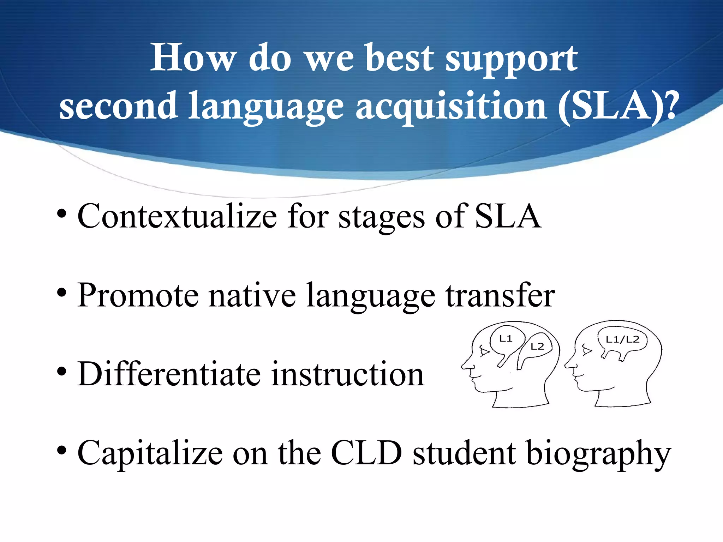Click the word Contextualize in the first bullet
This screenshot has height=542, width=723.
(177, 216)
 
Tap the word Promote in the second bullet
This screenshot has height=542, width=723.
(138, 295)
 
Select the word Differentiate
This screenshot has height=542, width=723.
(169, 374)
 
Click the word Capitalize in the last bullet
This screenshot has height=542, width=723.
(150, 453)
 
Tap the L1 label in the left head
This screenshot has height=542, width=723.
(506, 339)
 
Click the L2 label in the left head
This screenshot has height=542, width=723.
(537, 347)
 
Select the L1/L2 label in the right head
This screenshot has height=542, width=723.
(622, 339)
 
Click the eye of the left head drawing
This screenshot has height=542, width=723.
(484, 351)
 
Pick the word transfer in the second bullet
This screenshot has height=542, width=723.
(500, 295)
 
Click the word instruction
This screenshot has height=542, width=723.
(348, 374)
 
